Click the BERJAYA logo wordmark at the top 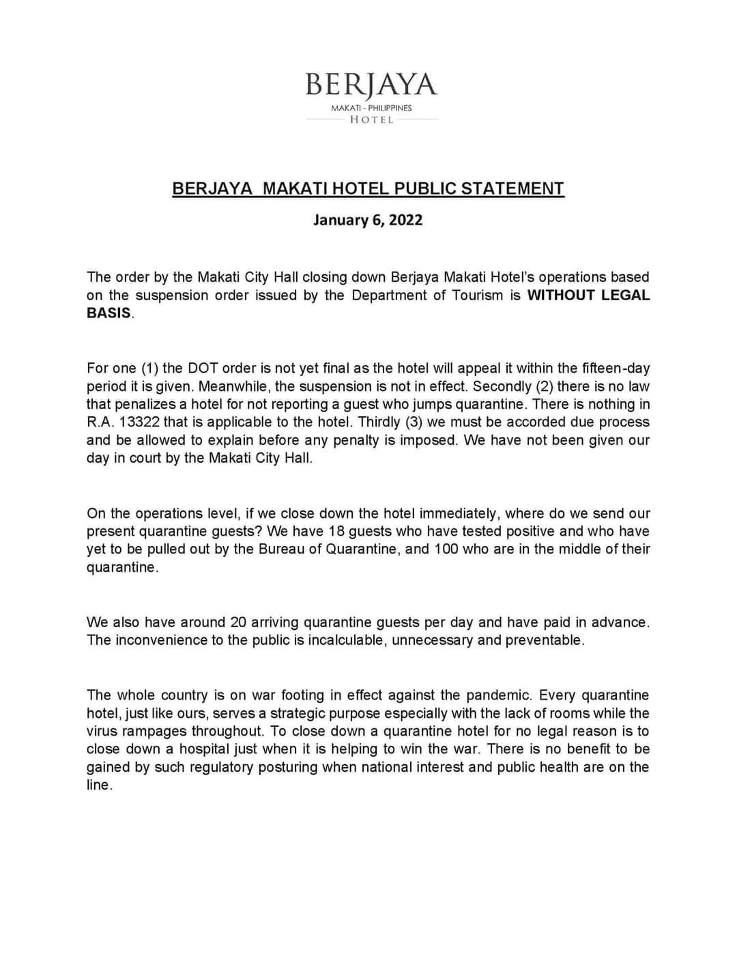pyautogui.click(x=371, y=85)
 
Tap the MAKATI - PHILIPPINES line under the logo pyautogui.click(x=371, y=108)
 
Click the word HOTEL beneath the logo pyautogui.click(x=371, y=119)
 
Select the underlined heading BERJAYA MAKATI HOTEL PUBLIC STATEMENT pyautogui.click(x=369, y=188)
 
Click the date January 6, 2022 pyautogui.click(x=368, y=220)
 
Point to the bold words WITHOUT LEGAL pyautogui.click(x=589, y=295)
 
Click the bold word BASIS pyautogui.click(x=109, y=313)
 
